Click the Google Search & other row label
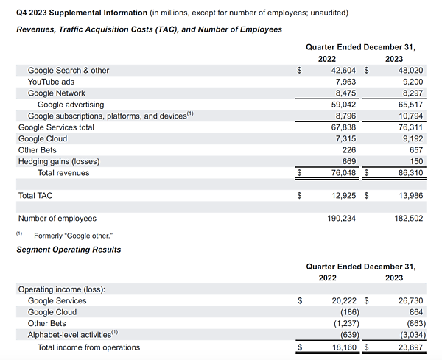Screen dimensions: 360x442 [68, 71]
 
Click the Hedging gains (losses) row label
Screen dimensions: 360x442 [58, 161]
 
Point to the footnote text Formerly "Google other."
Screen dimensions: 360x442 [73, 235]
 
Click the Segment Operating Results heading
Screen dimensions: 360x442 [69, 250]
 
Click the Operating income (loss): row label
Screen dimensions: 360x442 [61, 289]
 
